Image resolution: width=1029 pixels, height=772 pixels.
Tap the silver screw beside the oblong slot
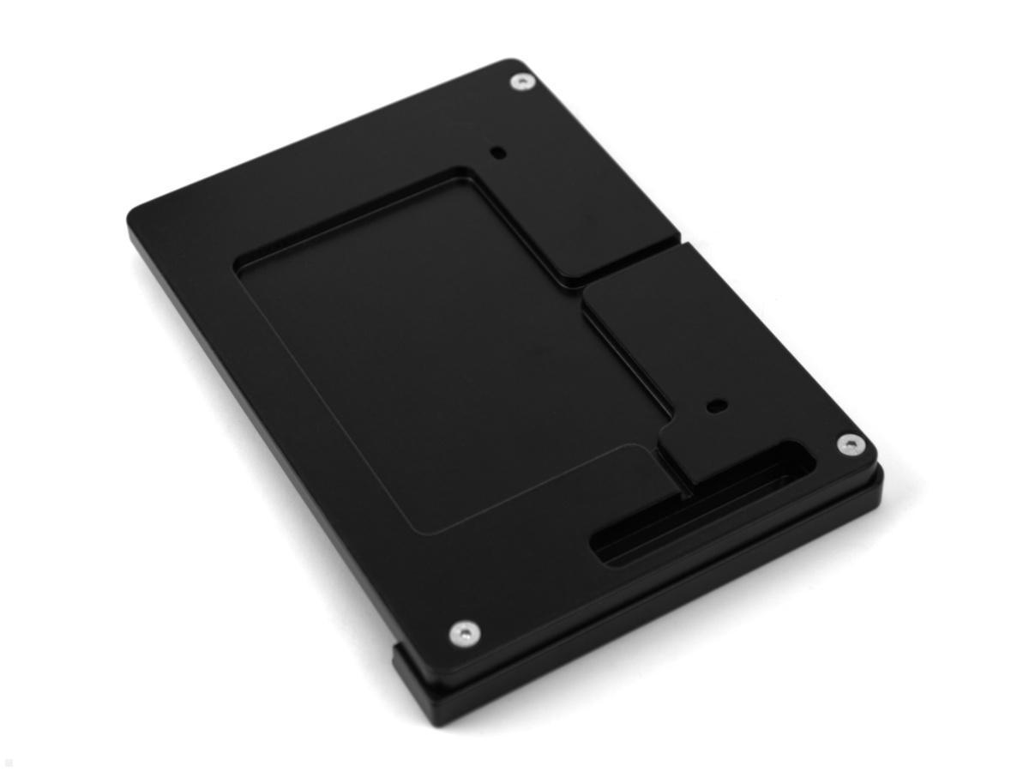point(850,443)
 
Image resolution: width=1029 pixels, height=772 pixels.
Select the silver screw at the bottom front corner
point(464,634)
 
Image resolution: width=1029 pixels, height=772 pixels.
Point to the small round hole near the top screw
point(497,153)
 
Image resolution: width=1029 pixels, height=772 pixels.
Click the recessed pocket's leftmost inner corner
point(238,263)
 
